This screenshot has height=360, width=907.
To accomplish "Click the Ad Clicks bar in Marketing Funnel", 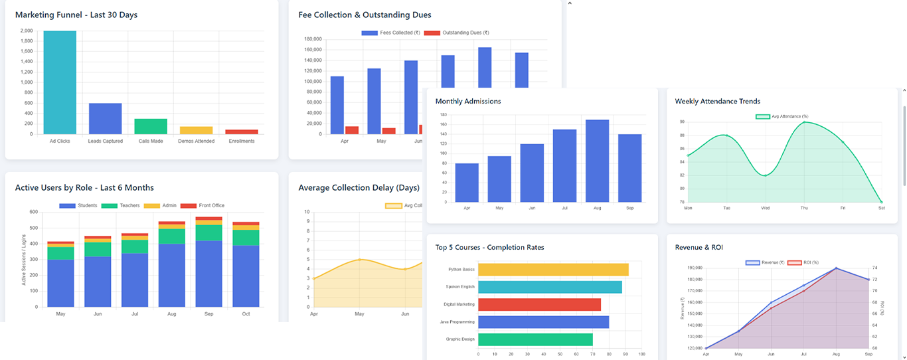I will tap(60, 82).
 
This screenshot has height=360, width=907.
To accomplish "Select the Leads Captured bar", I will tap(105, 119).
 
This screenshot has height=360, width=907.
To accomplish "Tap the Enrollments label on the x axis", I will tap(242, 141).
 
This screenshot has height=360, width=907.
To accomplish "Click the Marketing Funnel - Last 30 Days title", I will tap(76, 15).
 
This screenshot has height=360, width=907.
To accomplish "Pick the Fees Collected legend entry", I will tap(391, 33).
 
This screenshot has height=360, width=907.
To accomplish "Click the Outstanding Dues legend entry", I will tap(457, 33).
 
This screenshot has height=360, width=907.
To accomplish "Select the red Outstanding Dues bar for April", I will tap(352, 130).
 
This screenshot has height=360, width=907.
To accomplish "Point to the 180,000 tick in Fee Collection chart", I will tap(312, 39).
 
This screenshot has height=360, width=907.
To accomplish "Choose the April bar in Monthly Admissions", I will tap(467, 183).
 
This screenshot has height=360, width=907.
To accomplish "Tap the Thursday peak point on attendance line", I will tap(804, 122).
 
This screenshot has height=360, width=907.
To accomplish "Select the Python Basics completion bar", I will tap(552, 270).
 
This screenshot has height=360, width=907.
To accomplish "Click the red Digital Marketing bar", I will tap(539, 304).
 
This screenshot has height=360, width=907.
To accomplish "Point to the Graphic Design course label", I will tap(460, 339).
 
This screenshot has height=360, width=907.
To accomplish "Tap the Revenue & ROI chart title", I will tap(699, 247).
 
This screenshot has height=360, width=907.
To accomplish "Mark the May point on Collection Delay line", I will tap(359, 260).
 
